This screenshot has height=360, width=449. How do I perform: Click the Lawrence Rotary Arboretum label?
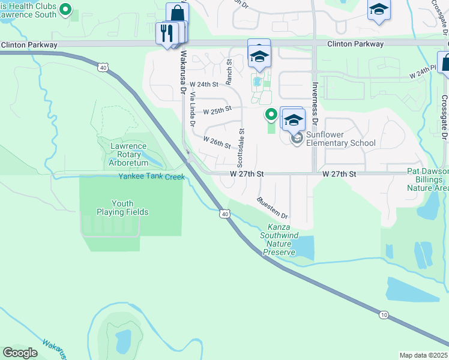tap(128, 154)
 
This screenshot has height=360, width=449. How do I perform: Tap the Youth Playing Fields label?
tap(123, 208)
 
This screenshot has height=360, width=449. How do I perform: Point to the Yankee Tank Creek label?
tap(151, 176)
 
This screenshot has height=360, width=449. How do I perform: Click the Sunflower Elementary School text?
tap(340, 139)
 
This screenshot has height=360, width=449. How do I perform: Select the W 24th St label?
tap(202, 84)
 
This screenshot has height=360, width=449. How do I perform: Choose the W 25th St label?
tap(217, 111)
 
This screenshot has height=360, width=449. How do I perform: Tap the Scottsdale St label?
tap(241, 147)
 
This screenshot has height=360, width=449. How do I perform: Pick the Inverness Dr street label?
tap(313, 100)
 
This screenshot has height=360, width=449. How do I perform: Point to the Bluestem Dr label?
tap(273, 208)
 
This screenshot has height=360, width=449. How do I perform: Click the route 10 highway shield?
tap(383, 314)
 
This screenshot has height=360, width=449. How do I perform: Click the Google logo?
tap(20, 353)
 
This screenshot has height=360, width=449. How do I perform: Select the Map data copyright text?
tap(423, 355)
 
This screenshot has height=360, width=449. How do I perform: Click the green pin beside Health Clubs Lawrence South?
tap(67, 10)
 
